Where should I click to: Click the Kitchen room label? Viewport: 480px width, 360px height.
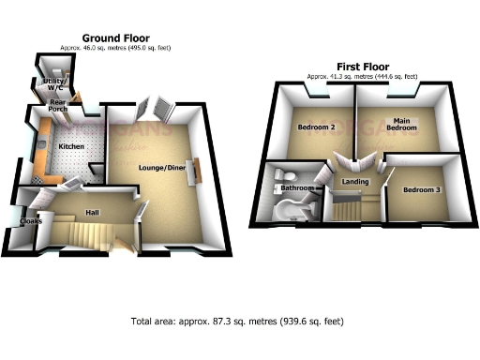coord(73,148)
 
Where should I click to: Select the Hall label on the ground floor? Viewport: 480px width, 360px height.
coord(93,212)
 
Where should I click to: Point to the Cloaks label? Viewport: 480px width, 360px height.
coord(12,221)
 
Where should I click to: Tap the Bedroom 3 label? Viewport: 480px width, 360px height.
coord(422,189)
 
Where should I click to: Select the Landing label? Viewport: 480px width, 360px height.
coord(355,182)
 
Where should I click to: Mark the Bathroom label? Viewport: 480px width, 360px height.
coord(297,188)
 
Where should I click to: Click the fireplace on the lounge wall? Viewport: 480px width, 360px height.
coord(198,170)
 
